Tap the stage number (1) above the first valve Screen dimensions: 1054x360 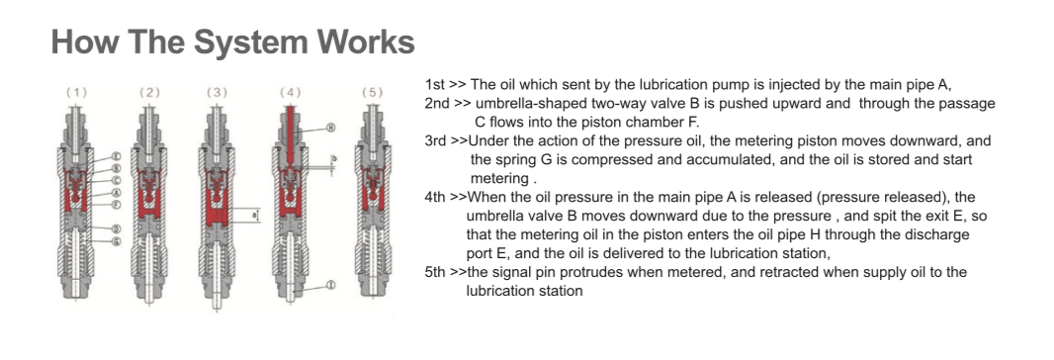click(x=76, y=93)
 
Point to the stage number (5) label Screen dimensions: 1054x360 click(x=372, y=93)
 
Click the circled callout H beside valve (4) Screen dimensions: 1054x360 click(x=331, y=128)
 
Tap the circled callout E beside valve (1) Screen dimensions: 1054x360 click(x=117, y=157)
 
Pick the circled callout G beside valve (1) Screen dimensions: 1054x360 click(x=117, y=241)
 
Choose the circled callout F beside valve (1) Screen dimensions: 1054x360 click(x=117, y=204)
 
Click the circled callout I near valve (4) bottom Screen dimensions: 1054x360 click(x=330, y=285)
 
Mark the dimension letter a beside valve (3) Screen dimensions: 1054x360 click(x=253, y=214)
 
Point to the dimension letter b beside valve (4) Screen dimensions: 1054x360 click(x=334, y=158)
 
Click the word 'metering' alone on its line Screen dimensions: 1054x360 click(x=499, y=179)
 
